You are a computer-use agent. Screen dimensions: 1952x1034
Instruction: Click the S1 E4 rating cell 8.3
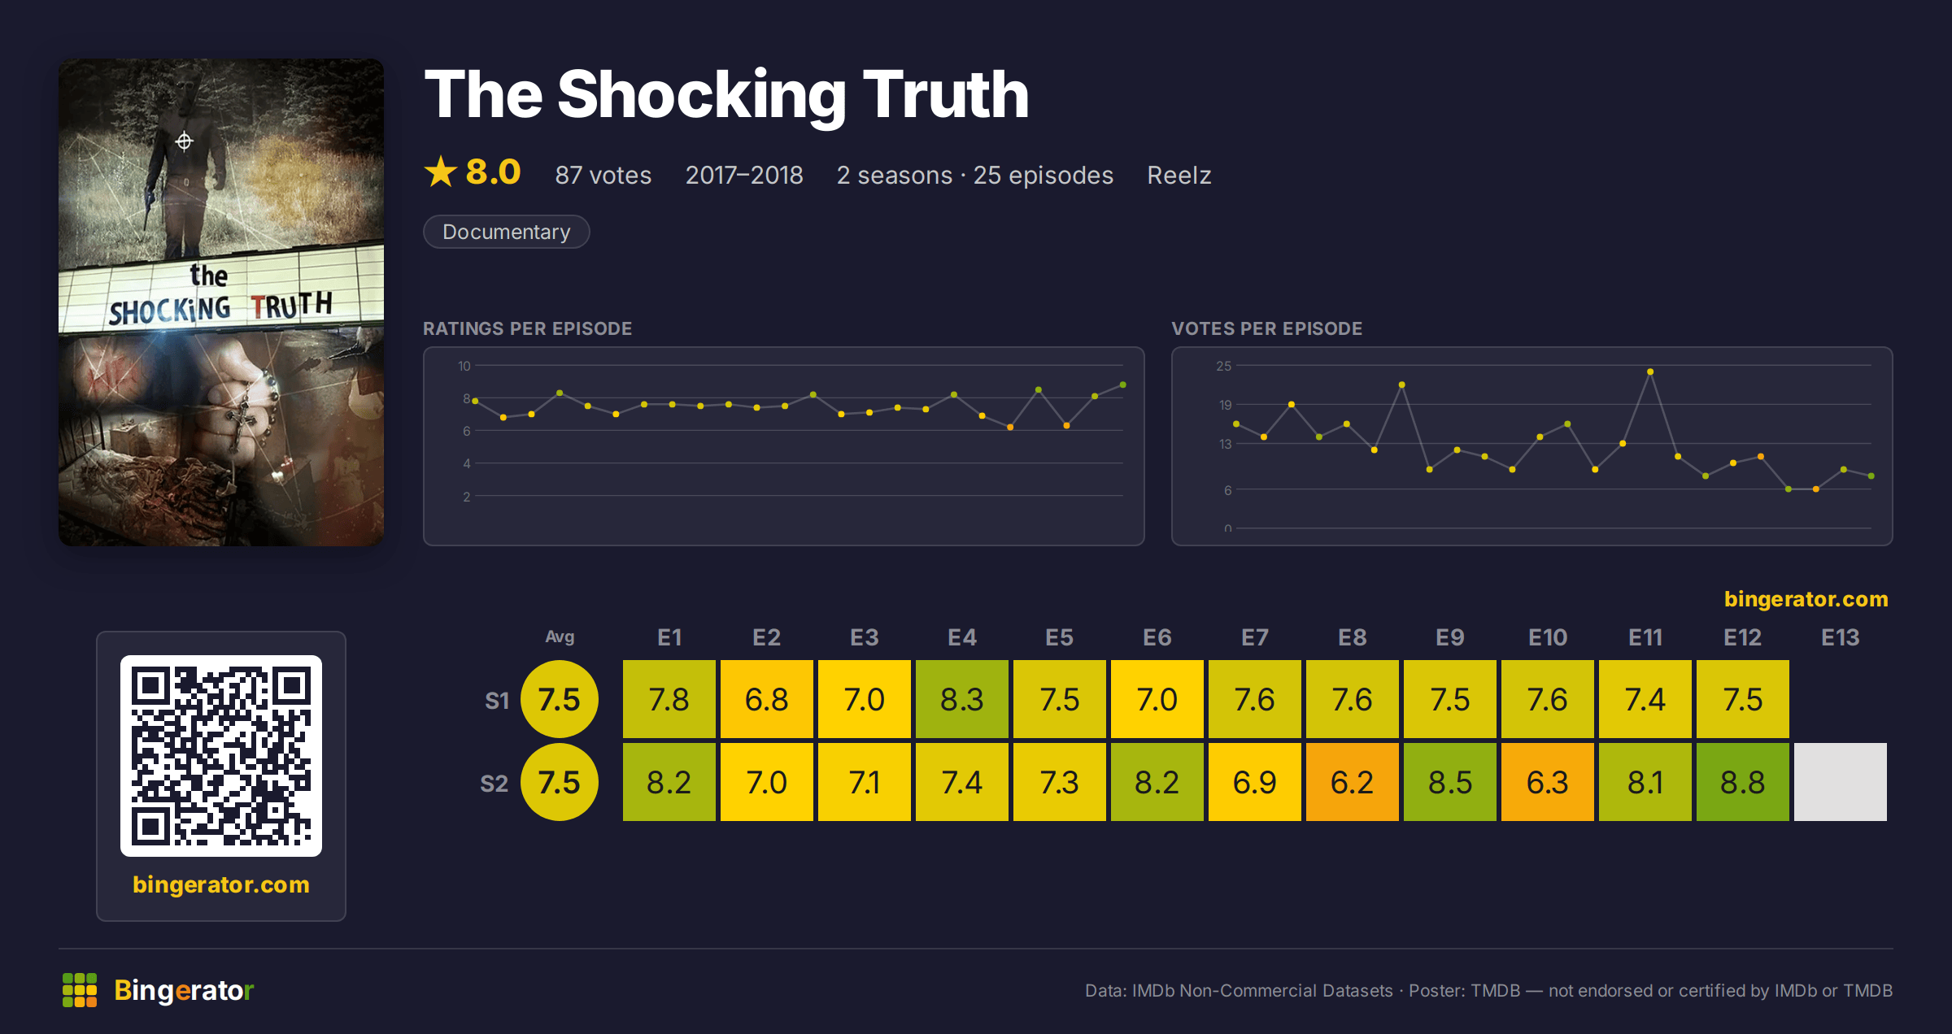pyautogui.click(x=961, y=699)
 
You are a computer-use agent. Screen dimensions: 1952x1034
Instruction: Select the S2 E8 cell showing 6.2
pyautogui.click(x=1352, y=782)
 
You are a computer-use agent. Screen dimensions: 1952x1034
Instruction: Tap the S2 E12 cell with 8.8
pyautogui.click(x=1742, y=782)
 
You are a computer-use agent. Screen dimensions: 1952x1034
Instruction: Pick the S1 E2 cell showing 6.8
pyautogui.click(x=766, y=699)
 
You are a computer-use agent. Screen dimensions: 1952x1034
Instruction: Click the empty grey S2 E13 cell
pyautogui.click(x=1840, y=782)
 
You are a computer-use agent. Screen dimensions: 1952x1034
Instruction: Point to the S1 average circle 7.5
pyautogui.click(x=560, y=699)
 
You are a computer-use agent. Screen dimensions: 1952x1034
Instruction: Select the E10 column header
pyautogui.click(x=1547, y=637)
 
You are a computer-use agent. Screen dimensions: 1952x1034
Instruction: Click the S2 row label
pyautogui.click(x=494, y=784)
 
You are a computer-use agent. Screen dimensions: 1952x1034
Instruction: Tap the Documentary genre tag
pyautogui.click(x=506, y=232)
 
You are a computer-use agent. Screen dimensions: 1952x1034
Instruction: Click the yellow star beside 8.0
pyautogui.click(x=441, y=172)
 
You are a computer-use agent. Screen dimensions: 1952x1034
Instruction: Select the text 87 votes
pyautogui.click(x=603, y=175)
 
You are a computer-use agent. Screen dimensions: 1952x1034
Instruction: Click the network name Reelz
pyautogui.click(x=1179, y=175)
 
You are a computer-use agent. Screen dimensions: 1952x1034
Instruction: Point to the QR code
pyautogui.click(x=221, y=756)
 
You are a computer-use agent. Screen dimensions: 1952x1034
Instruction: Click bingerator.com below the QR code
pyautogui.click(x=221, y=884)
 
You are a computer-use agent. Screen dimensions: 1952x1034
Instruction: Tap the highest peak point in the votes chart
pyautogui.click(x=1650, y=371)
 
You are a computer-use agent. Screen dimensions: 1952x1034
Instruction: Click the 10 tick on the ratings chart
pyautogui.click(x=464, y=366)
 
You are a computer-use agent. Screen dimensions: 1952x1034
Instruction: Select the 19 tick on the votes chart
pyautogui.click(x=1225, y=405)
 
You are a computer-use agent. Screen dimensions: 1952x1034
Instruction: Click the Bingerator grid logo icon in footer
pyautogui.click(x=80, y=990)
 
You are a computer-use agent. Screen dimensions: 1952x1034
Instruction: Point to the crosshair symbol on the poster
pyautogui.click(x=185, y=141)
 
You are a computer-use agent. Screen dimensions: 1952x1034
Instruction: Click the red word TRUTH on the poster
pyautogui.click(x=291, y=306)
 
